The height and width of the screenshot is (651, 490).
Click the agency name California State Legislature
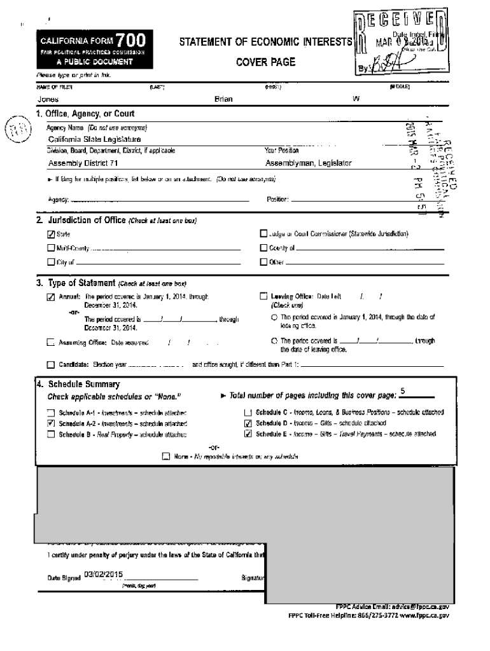click(x=95, y=139)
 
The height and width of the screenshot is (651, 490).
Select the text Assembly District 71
click(x=83, y=163)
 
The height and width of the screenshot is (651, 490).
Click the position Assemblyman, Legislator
click(x=308, y=163)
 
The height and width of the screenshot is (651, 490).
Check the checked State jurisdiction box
click(x=51, y=235)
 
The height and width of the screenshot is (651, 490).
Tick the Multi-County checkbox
click(x=51, y=248)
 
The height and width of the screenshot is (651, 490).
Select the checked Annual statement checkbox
click(x=51, y=296)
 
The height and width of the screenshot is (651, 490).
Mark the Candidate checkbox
click(x=51, y=365)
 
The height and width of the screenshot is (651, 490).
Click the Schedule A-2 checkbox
click(x=51, y=423)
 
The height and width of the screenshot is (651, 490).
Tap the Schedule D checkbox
click(x=248, y=423)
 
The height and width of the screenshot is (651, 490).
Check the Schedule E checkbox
click(x=248, y=434)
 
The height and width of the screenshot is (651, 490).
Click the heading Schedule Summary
click(x=83, y=385)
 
